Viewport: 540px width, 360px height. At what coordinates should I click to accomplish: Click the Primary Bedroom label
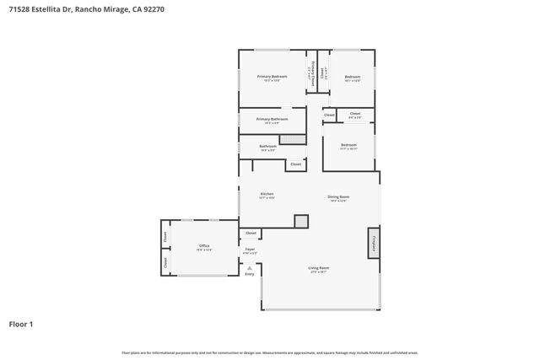[x=272, y=77]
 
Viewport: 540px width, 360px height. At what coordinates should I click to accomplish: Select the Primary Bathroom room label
[x=272, y=119]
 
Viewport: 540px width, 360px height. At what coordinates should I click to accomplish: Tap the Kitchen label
[x=267, y=194]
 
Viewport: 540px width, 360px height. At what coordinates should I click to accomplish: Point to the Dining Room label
[x=338, y=197]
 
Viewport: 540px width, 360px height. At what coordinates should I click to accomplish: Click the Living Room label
[x=319, y=270]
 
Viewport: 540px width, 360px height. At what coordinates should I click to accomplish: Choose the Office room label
[x=204, y=246]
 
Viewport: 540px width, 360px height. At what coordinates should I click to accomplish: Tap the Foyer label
[x=250, y=249]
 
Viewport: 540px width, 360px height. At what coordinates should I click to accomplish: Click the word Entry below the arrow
[x=249, y=274]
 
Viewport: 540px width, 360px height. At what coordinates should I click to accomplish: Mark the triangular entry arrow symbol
[x=249, y=266]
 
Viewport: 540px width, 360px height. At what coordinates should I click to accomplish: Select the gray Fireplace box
[x=372, y=242]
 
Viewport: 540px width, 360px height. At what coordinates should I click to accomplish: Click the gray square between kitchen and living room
[x=301, y=221]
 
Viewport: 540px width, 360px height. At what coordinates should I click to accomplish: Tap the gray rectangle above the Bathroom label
[x=291, y=138]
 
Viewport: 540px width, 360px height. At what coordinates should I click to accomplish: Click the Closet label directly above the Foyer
[x=251, y=233]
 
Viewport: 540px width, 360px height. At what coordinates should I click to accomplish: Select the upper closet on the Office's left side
[x=165, y=237]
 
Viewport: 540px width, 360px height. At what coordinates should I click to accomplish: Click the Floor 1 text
[x=22, y=324]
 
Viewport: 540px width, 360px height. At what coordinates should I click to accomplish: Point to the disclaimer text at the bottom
[x=269, y=352]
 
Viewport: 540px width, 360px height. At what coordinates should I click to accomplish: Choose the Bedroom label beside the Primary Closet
[x=353, y=77]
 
